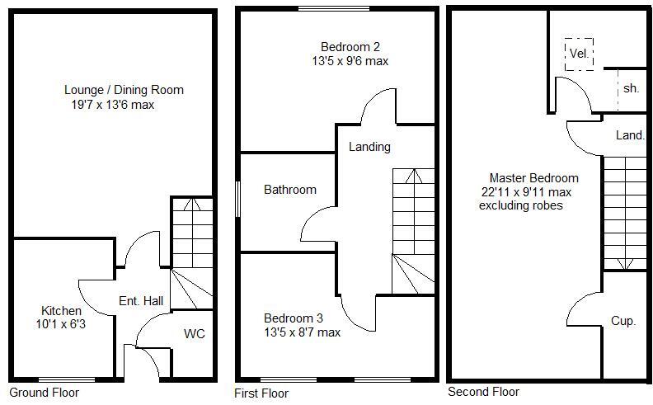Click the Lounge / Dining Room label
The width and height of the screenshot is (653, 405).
point(124,90)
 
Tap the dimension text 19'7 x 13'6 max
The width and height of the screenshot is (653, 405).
point(113,105)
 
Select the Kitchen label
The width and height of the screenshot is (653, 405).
point(61,311)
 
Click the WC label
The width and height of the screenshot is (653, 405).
point(195,334)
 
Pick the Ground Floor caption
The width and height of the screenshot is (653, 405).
point(42,392)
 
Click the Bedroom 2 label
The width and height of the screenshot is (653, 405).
point(350,46)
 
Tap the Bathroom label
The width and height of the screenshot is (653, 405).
point(289,190)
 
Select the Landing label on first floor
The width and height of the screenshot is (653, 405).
point(369,147)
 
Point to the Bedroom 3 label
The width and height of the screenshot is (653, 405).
point(293,318)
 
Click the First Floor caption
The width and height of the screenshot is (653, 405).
point(261,393)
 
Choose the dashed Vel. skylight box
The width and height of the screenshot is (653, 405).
point(579,54)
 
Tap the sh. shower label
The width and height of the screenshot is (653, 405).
point(631,88)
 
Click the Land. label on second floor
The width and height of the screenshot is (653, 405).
point(630,134)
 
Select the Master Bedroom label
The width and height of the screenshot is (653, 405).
point(533,177)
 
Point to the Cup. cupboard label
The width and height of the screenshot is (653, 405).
point(622,321)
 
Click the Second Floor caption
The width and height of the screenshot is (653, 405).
point(483,392)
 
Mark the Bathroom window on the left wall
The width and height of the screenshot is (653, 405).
point(237,199)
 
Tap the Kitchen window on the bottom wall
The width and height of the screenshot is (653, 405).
point(67,379)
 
